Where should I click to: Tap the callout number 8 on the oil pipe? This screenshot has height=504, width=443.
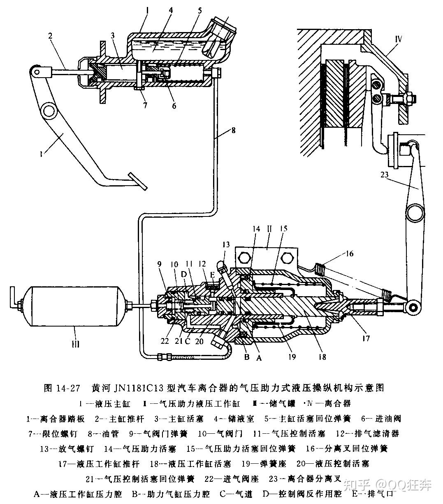pos(233,131)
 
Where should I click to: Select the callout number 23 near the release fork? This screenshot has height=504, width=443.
pos(385,174)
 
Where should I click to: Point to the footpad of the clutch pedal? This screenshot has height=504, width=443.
pos(137,181)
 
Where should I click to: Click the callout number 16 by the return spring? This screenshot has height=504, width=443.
pos(349,254)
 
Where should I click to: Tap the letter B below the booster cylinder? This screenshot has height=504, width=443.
pos(247,357)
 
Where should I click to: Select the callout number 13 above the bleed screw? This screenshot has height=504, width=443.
pos(226,244)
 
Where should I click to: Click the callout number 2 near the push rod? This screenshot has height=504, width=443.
pos(51,36)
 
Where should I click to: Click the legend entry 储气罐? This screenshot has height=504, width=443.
pos(284,403)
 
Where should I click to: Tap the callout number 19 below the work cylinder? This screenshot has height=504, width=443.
pos(292,357)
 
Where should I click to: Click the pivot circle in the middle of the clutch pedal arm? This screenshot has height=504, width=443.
pos(48,110)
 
